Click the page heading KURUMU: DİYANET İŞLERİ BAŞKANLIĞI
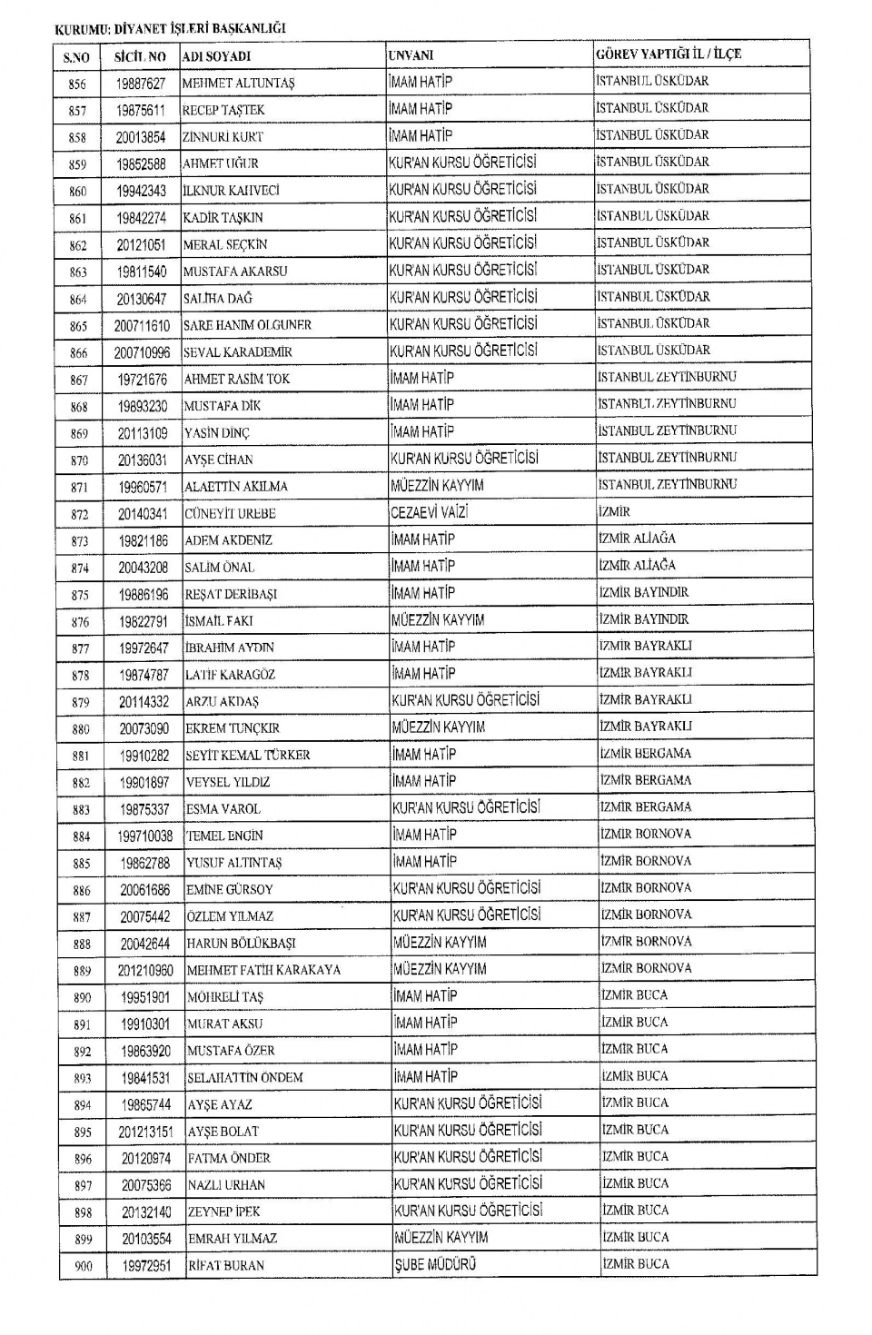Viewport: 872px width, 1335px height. click(171, 28)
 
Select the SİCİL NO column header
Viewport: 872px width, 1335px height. click(140, 56)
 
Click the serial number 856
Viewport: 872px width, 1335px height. click(77, 84)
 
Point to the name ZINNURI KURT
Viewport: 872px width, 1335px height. click(223, 137)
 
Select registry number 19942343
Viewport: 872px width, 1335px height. click(141, 191)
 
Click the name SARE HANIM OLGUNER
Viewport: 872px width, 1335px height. click(247, 325)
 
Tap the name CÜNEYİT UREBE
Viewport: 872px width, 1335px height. click(230, 514)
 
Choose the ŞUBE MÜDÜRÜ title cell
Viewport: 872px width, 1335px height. click(435, 1264)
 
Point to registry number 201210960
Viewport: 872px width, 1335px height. click(145, 970)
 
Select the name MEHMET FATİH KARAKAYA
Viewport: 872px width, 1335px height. click(263, 970)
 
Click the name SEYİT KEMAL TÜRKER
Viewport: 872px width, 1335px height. click(247, 756)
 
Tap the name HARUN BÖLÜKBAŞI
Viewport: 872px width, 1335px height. click(241, 944)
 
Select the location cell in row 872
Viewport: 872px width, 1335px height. click(614, 512)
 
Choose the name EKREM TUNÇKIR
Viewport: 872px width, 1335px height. click(233, 728)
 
